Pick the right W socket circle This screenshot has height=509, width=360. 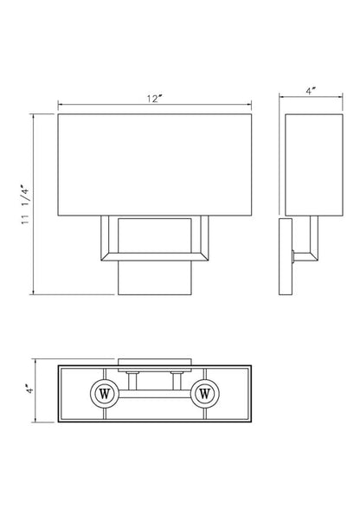pos(205,393)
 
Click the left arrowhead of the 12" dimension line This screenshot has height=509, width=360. pos(61,107)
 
